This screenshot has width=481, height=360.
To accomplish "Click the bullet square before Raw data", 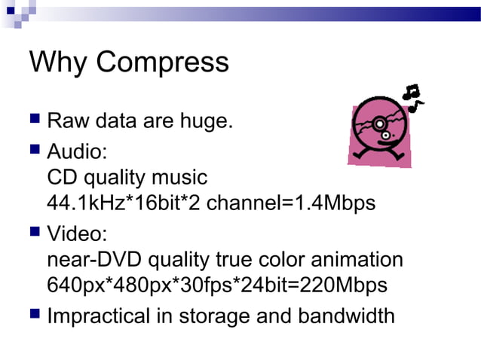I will [35, 120].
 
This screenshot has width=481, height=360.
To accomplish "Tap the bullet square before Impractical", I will [35, 313].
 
